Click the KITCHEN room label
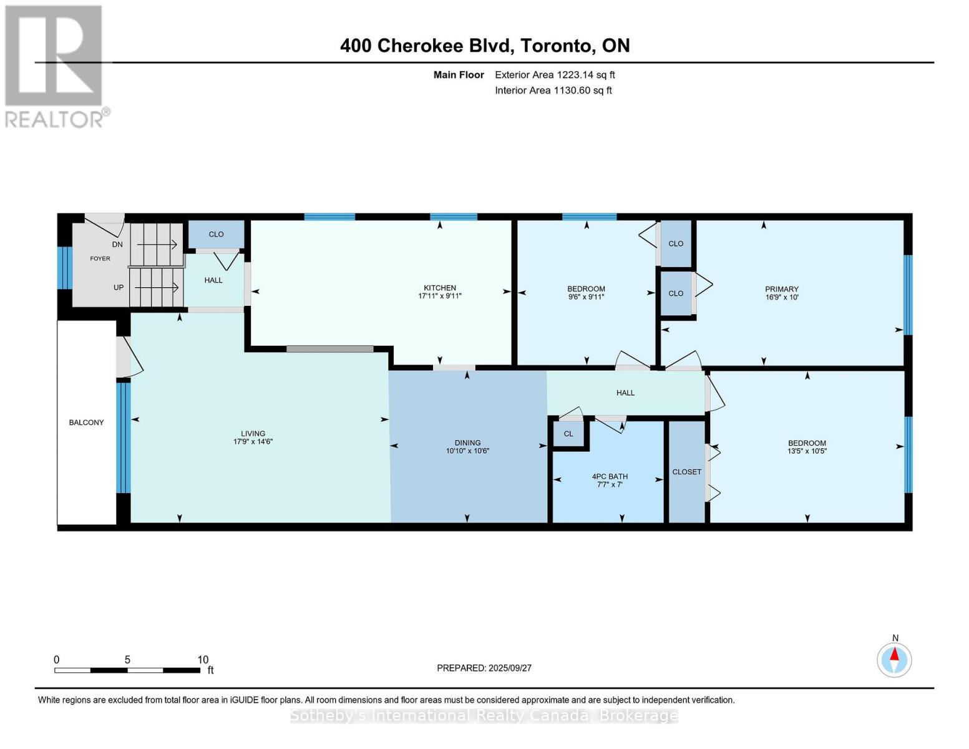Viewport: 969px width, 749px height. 440,288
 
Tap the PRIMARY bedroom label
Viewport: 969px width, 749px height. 781,289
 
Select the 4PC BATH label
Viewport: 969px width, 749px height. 610,476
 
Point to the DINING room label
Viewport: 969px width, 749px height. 467,443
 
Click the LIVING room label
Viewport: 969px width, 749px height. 253,433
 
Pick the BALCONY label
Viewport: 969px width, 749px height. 86,423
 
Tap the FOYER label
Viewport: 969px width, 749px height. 100,258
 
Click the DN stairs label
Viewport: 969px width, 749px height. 117,245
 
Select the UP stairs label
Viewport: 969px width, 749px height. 119,288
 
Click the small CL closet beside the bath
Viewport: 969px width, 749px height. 568,434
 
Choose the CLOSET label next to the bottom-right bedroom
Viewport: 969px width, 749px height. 686,472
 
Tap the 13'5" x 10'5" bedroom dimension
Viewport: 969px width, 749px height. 807,451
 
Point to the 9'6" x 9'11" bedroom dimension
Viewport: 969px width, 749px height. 586,297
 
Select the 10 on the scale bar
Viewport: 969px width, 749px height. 203,660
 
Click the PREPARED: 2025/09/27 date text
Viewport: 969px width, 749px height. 484,668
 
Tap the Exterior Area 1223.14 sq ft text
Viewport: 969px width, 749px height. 555,75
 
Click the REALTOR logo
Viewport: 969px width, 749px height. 55,66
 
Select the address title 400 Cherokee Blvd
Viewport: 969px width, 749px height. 484,46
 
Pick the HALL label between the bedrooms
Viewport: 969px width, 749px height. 625,393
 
